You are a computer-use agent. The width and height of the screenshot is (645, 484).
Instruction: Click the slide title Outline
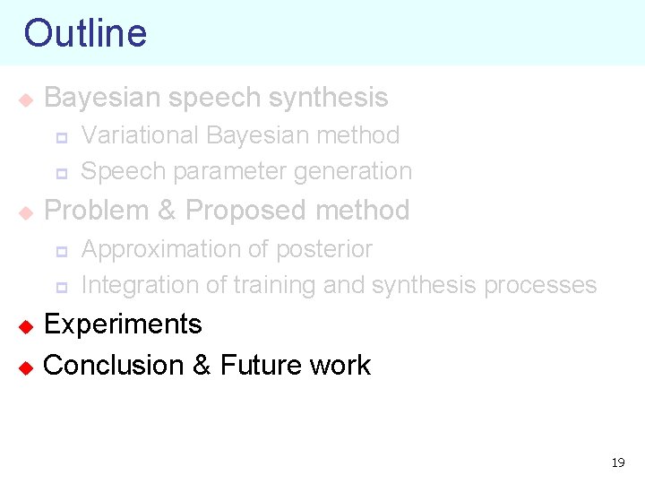coord(85,33)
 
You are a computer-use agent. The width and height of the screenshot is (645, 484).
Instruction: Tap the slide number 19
coord(618,462)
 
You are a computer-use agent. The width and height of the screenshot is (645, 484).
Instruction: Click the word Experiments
coord(123,324)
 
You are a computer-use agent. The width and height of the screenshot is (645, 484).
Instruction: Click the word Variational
coord(140,135)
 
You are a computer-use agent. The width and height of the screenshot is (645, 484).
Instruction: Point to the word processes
coord(540,285)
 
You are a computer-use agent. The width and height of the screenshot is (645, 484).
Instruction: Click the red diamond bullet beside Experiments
coord(26,325)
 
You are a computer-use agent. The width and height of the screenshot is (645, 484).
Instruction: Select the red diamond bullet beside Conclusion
coord(26,367)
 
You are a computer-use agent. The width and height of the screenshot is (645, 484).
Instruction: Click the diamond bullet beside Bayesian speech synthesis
coord(26,99)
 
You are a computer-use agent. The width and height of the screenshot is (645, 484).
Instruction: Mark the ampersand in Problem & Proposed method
coord(167,211)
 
